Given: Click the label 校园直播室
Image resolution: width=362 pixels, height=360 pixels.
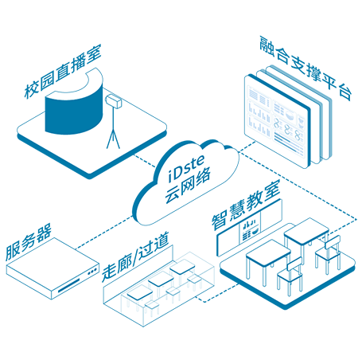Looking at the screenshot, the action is [63, 71].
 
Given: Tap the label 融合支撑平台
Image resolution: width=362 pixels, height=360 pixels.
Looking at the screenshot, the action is [306, 68].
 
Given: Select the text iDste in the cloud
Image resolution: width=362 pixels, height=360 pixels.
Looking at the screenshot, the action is [186, 169].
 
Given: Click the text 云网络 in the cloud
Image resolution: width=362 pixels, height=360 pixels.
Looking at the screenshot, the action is [188, 186].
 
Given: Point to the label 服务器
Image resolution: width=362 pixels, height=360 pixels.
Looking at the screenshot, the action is [29, 241].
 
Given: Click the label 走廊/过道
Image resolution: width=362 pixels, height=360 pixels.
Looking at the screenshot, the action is [135, 256].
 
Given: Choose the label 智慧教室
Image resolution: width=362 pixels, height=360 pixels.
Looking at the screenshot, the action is [246, 205].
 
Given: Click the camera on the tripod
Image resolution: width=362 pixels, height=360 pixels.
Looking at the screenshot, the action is [114, 101].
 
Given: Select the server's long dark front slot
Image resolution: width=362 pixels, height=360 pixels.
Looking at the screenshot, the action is [68, 285].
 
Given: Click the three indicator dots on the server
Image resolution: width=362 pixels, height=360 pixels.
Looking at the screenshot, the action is [92, 272].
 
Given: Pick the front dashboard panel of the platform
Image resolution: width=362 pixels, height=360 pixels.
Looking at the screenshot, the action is [277, 121].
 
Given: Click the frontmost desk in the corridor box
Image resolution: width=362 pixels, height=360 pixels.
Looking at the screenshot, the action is [139, 294].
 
